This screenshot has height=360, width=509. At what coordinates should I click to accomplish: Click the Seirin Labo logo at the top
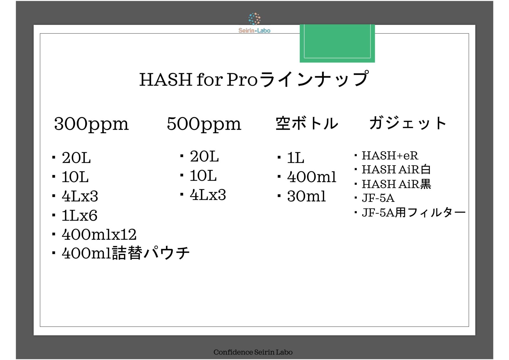254,23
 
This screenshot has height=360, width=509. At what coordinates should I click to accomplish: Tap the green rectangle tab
337,43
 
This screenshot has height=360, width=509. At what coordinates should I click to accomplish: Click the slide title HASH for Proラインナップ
254,79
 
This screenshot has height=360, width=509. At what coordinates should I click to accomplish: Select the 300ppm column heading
91,124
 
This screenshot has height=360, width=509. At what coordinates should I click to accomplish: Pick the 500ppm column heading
204,124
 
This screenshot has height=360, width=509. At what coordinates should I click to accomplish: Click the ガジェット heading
407,123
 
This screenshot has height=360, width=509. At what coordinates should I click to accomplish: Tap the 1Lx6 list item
79,215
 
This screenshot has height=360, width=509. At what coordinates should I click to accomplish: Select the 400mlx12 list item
99,235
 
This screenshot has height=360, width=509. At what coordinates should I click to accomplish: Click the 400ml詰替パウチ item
126,253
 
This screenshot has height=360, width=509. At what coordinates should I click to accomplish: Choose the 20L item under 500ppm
204,156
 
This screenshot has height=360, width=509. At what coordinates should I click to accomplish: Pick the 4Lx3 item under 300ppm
80,196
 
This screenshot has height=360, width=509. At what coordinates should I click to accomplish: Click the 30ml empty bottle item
306,196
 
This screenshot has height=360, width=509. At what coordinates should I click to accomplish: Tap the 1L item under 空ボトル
296,158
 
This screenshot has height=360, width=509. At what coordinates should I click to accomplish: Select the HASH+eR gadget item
390,156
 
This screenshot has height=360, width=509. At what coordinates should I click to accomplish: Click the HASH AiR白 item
396,170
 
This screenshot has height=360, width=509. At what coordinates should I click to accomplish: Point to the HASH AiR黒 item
396,184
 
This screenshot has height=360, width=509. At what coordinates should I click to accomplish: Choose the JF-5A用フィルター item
414,213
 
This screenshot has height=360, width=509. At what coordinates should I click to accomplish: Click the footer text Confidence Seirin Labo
253,352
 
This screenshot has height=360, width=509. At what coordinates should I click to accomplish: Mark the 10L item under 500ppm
203,176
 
